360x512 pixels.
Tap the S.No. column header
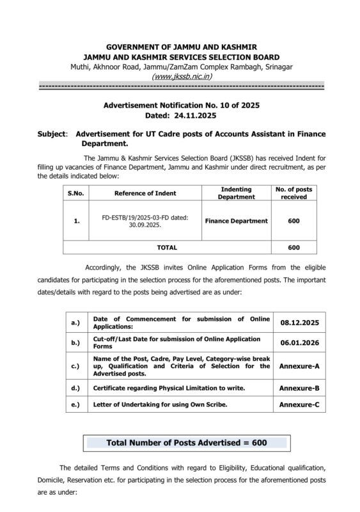pos(76,193)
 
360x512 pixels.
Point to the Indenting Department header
pos(235,193)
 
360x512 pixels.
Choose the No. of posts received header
pos(294,193)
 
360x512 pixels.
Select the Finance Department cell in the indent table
pos(235,221)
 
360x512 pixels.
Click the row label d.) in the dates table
pos(75,388)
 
